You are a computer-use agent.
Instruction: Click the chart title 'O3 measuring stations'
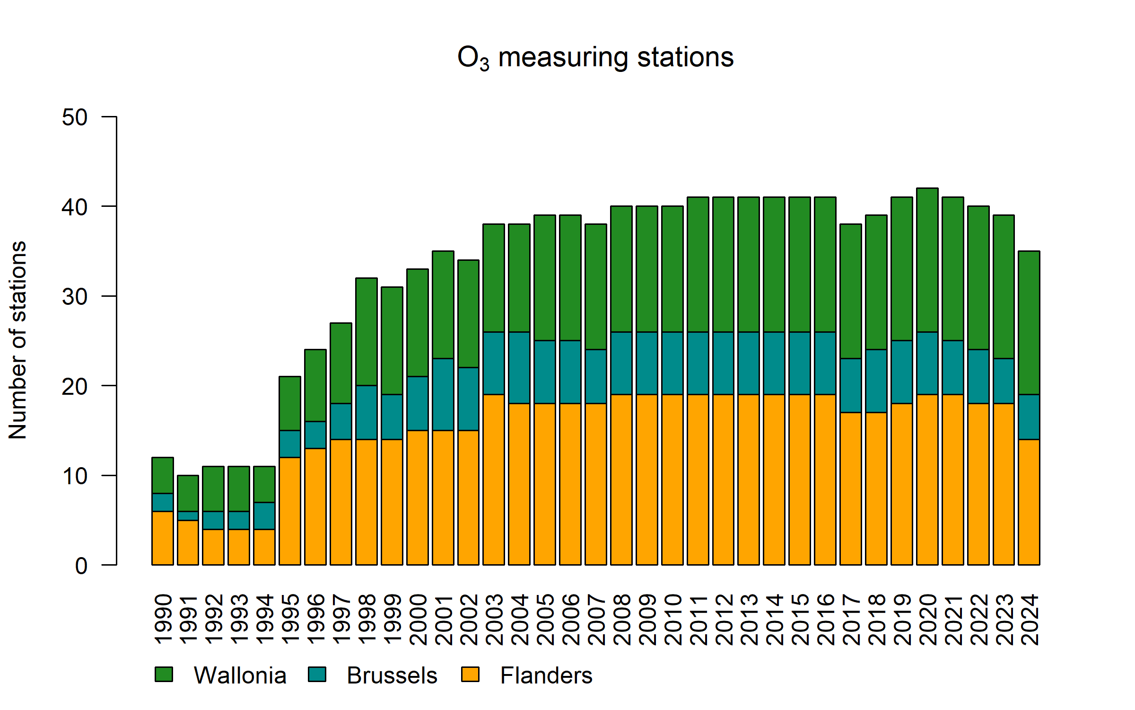[x=595, y=58]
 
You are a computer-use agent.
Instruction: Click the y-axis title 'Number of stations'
[x=18, y=340]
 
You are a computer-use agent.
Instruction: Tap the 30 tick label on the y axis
[x=75, y=297]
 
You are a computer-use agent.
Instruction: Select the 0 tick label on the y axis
[x=81, y=566]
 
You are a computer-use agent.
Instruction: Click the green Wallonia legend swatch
[x=164, y=674]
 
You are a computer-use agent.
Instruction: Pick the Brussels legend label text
[x=392, y=675]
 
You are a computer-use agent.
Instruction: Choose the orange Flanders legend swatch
[x=470, y=674]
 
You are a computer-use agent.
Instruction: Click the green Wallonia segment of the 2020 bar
[x=927, y=260]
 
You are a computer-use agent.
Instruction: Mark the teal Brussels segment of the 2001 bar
[x=443, y=394]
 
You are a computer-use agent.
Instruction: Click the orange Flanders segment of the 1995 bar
[x=290, y=511]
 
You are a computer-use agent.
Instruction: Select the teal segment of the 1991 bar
[x=188, y=516]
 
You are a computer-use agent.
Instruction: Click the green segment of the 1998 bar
[x=367, y=332]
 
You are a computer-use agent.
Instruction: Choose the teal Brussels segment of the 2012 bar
[x=723, y=363]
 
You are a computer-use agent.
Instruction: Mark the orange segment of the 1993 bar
[x=239, y=547]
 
